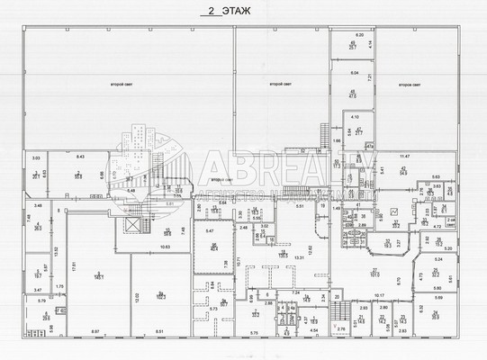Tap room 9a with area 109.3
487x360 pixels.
(x=160, y=293)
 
